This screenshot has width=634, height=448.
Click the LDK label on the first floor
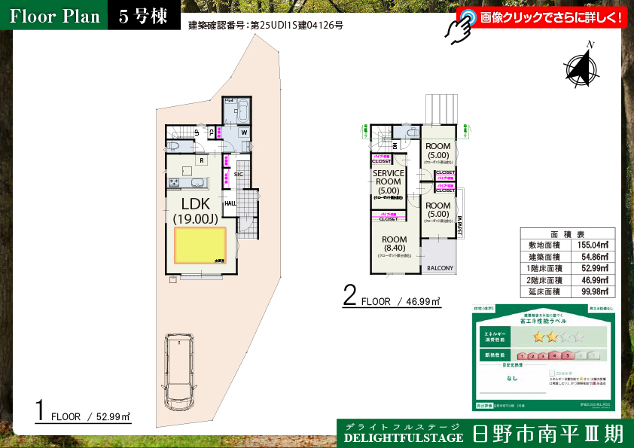point(195,203)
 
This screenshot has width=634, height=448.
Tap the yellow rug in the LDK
point(200,245)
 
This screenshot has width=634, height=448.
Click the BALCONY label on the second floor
point(440,268)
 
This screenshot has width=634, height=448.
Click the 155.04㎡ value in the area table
point(592,245)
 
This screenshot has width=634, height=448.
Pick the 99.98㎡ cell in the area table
point(592,291)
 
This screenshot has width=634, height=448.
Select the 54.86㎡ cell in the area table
point(592,256)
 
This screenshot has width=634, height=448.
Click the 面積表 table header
point(567,233)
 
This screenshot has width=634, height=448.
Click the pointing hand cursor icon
point(459,26)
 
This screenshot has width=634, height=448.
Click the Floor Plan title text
point(55,17)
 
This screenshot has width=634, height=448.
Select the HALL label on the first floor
point(230,203)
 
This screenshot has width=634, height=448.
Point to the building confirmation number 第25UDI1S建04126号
point(296,25)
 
